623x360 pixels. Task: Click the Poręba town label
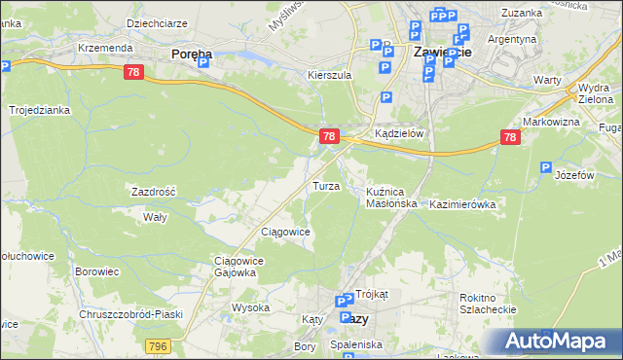[x=193, y=54]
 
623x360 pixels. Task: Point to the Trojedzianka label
[x=40, y=110]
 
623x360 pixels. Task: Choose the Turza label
[x=325, y=185]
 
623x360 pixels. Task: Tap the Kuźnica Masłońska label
[x=391, y=198]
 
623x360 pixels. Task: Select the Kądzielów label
[x=400, y=134]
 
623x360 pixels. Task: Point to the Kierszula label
[x=328, y=74]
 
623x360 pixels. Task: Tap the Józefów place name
[x=573, y=176]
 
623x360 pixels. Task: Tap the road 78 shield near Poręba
[x=134, y=72]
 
